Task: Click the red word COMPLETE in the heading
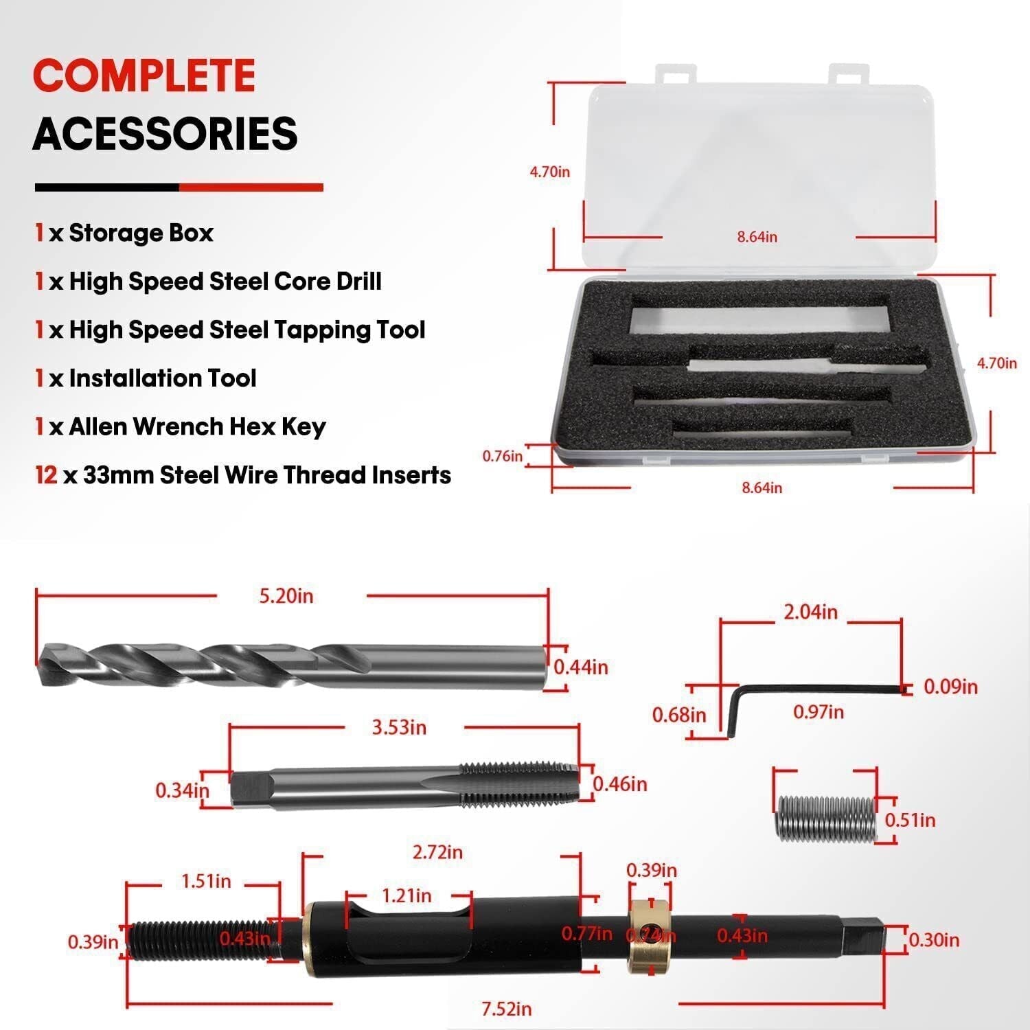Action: point(144,76)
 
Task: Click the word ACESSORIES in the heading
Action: point(165,133)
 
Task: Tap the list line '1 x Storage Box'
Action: point(124,233)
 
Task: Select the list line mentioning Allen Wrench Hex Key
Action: point(181,426)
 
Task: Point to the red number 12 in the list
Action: point(46,475)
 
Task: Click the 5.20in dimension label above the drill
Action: point(286,595)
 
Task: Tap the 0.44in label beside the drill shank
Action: point(581,667)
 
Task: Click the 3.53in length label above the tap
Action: point(399,727)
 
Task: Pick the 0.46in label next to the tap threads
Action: point(619,784)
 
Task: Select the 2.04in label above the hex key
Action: point(810,612)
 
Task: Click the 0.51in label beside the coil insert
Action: point(910,820)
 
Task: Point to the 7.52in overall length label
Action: point(507,1009)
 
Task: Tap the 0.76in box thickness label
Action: point(503,456)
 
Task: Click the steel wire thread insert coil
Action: point(827,817)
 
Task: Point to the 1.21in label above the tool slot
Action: point(407,896)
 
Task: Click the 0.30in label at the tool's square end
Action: point(934,940)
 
